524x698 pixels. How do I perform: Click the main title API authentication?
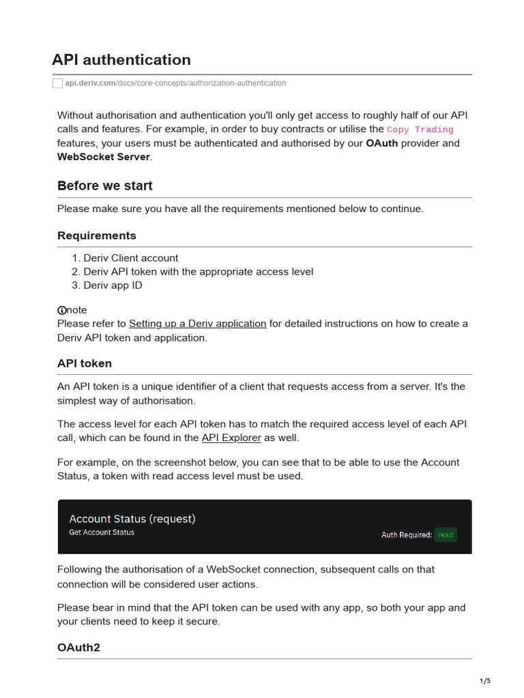[x=121, y=60]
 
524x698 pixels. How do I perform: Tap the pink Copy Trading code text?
[x=420, y=130]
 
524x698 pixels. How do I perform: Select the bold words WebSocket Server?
[x=103, y=157]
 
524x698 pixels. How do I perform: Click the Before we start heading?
[x=104, y=185]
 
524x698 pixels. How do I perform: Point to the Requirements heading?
[x=96, y=235]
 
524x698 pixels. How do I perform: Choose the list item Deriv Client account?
[x=130, y=258]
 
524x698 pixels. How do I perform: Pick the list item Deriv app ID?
[x=113, y=285]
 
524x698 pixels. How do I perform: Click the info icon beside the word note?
[x=62, y=310]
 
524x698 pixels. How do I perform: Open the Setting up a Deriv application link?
[x=197, y=324]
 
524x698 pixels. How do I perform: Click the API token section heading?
[x=84, y=363]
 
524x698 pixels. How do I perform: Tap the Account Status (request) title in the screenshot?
[x=132, y=519]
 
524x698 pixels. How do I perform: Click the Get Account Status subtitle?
[x=102, y=532]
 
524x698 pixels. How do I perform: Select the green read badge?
[x=446, y=535]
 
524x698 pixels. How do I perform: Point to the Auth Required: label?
[x=406, y=535]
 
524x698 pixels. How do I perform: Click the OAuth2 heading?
[x=78, y=647]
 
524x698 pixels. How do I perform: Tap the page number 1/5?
[x=485, y=681]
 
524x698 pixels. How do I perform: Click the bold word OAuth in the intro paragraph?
[x=382, y=143]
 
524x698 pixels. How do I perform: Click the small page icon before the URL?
[x=57, y=83]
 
